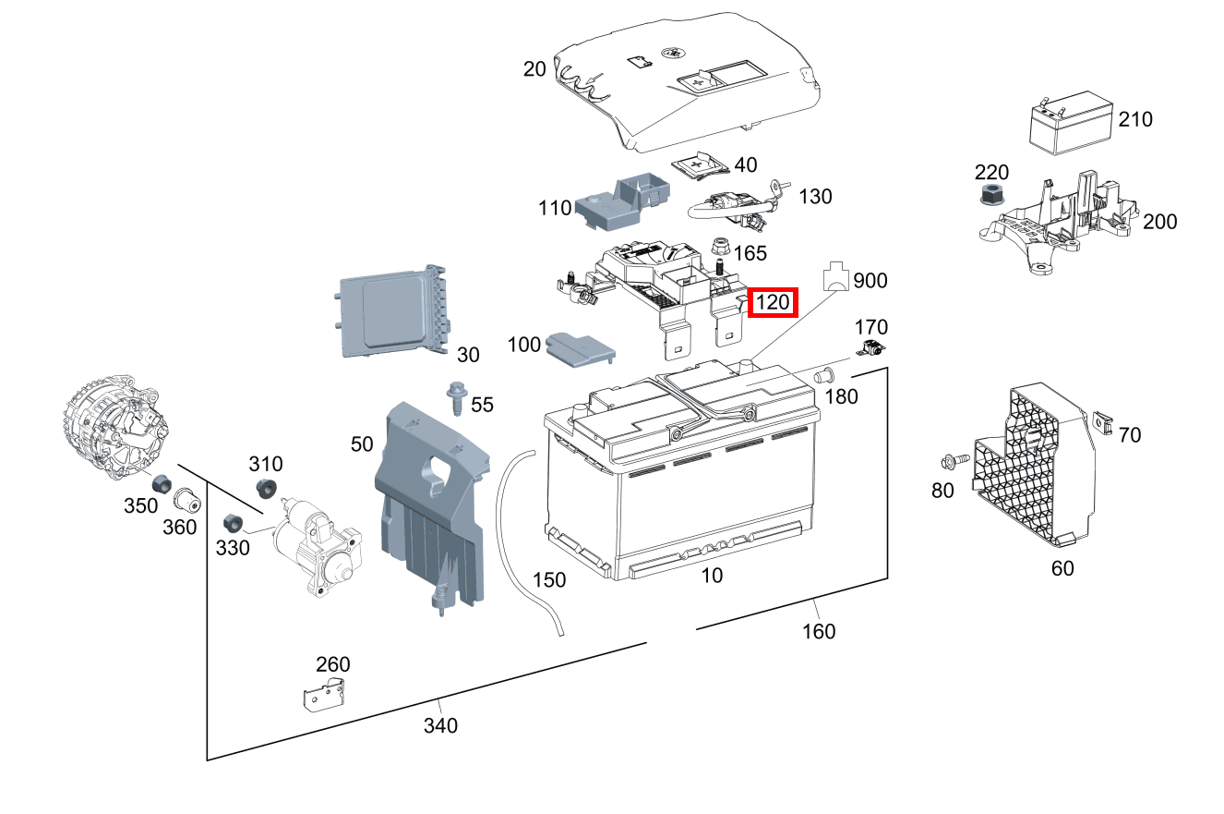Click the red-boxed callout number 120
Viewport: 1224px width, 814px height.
(772, 302)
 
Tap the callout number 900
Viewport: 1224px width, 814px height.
(870, 280)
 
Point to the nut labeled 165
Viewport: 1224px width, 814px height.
(721, 249)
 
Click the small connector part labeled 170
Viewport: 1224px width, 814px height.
(871, 349)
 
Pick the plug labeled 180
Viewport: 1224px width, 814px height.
(824, 375)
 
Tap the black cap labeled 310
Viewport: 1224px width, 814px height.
(267, 489)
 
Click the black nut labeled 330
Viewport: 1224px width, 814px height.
(234, 523)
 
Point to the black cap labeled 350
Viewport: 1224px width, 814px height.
(162, 483)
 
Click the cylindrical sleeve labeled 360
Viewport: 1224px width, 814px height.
(188, 500)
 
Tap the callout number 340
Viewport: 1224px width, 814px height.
(440, 725)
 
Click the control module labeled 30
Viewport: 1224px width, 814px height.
(392, 311)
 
